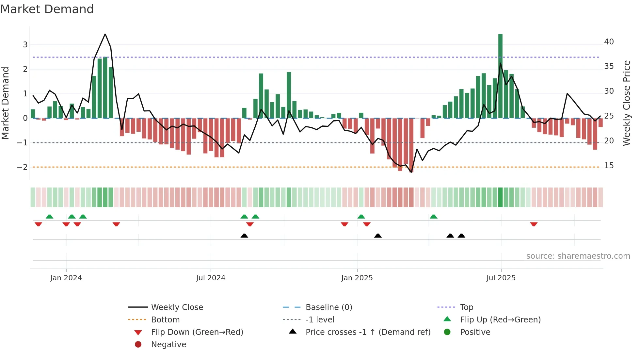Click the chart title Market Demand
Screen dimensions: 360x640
click(47, 9)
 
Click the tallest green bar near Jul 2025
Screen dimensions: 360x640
click(500, 75)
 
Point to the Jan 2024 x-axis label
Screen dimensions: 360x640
click(66, 278)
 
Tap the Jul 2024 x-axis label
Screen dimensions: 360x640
click(211, 278)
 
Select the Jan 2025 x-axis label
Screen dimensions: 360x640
click(357, 278)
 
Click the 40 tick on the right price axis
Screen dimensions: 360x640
click(609, 42)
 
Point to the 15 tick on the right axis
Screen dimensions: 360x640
click(609, 166)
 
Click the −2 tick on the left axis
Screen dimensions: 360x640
click(22, 167)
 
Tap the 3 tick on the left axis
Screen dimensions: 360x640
click(25, 45)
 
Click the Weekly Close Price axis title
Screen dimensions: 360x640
click(626, 103)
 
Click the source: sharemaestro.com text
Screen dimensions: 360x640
click(578, 256)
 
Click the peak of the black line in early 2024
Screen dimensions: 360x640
click(105, 34)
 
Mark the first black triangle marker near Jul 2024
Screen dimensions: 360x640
click(244, 236)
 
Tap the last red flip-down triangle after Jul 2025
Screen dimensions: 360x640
click(534, 224)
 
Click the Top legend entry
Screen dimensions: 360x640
click(466, 307)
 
